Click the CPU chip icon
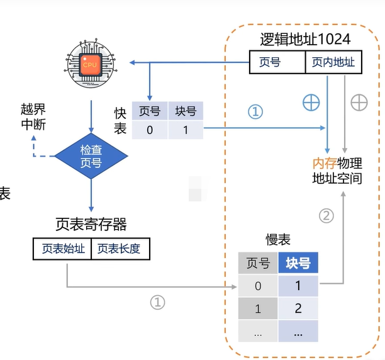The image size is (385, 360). (x=92, y=63)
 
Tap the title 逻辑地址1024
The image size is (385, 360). (x=305, y=39)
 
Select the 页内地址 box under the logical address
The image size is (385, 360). (x=333, y=62)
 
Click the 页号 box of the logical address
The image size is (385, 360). (x=277, y=62)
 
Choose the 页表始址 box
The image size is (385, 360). (x=62, y=249)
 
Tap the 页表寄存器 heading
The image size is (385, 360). (x=91, y=224)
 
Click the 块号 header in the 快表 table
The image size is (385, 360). (x=186, y=111)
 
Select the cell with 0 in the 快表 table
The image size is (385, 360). (x=150, y=130)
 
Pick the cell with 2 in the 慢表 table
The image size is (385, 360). (x=298, y=308)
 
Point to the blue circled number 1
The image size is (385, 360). (x=255, y=111)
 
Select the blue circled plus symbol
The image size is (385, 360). (x=311, y=103)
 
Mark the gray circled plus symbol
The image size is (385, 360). (x=359, y=103)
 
